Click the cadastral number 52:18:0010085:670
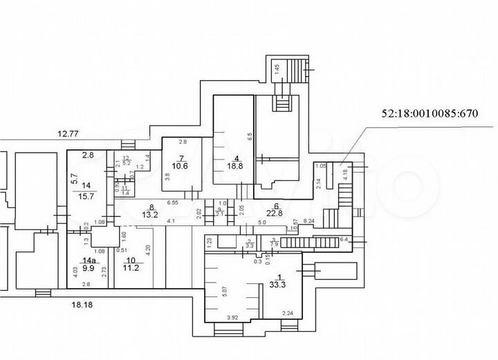(430, 113)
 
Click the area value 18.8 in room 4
(237, 165)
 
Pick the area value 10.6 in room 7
(180, 166)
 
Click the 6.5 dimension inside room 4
(250, 137)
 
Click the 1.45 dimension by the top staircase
(276, 68)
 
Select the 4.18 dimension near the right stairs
(346, 169)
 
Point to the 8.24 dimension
(310, 220)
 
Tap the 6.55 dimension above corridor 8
(172, 202)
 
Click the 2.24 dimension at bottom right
(288, 313)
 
